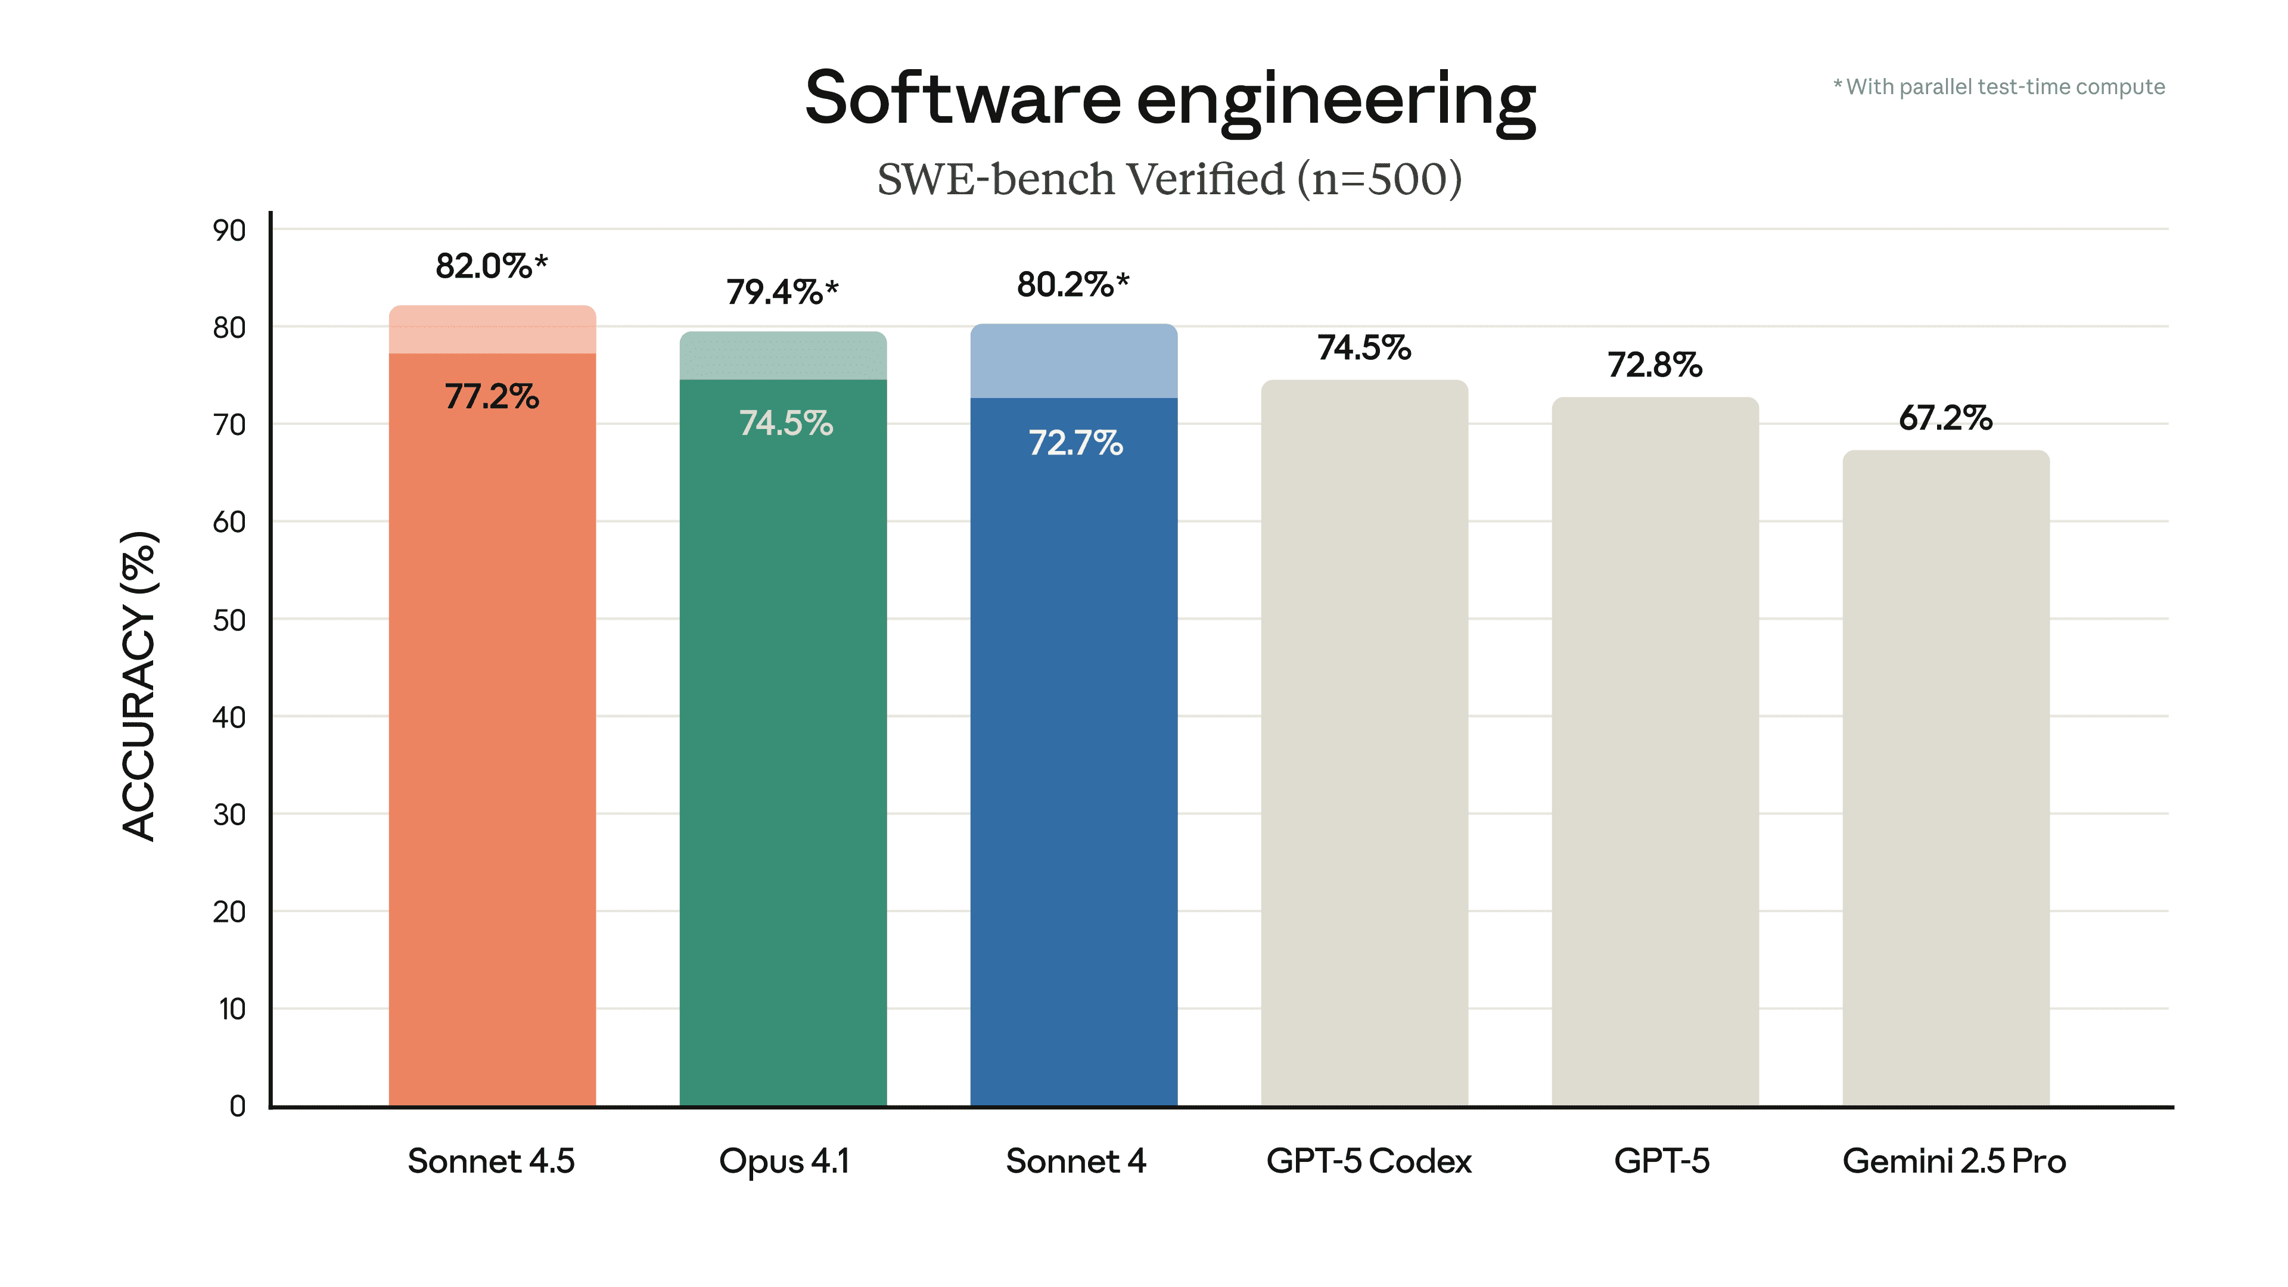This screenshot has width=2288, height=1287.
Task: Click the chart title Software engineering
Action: [1169, 100]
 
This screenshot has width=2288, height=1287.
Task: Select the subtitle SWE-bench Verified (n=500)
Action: [1169, 179]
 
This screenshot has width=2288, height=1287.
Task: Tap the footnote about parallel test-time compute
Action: [1998, 87]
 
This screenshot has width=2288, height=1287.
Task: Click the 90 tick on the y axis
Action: [229, 231]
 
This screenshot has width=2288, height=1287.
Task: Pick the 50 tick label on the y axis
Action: [229, 620]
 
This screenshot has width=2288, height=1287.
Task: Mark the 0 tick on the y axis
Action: [237, 1106]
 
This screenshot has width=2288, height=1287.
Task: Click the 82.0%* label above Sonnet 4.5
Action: [491, 266]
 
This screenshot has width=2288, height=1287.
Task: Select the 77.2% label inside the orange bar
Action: [491, 396]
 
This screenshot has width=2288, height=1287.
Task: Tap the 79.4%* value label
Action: [782, 291]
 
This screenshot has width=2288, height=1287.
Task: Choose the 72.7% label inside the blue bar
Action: [1075, 442]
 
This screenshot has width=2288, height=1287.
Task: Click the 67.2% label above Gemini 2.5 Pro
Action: [1945, 418]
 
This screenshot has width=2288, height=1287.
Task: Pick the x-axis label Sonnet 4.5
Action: [491, 1161]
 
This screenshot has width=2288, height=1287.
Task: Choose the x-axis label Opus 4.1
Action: [784, 1161]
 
